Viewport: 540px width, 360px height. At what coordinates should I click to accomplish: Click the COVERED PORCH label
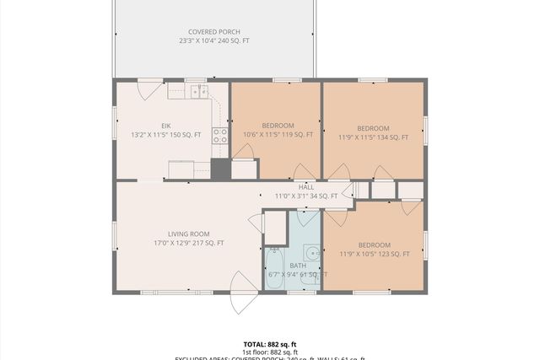[213, 31]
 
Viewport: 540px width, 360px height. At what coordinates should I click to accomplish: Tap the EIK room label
[165, 126]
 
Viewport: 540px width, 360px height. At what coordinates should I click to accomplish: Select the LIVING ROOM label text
[188, 234]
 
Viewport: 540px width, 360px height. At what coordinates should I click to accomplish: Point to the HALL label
[306, 187]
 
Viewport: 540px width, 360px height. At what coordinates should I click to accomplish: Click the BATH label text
[298, 266]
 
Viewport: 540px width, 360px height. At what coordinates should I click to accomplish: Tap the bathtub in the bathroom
[275, 269]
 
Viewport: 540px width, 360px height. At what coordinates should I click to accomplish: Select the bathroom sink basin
[311, 253]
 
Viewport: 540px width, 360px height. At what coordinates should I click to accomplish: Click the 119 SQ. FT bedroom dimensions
[278, 134]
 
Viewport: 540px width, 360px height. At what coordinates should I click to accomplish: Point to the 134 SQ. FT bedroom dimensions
[373, 137]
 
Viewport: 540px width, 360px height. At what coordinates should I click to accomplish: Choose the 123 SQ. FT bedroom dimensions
[374, 254]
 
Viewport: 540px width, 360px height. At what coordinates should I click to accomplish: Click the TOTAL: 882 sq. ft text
[269, 344]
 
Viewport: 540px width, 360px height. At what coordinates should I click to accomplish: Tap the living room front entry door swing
[244, 292]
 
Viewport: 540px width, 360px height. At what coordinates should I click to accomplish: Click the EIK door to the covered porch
[149, 88]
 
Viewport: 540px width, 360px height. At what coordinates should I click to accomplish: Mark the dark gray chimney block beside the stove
[220, 169]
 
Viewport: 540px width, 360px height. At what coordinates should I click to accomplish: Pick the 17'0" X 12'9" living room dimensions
[188, 244]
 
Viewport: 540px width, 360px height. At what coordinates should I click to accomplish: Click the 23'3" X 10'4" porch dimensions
[213, 40]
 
